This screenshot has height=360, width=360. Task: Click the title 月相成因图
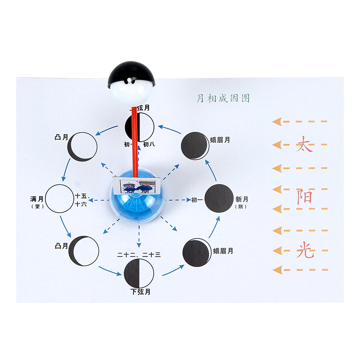[x=223, y=98]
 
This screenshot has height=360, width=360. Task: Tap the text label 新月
[x=241, y=199]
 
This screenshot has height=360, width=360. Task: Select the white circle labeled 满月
[x=60, y=198]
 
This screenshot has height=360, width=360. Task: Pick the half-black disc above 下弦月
[x=139, y=273]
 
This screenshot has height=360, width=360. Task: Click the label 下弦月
[x=140, y=292]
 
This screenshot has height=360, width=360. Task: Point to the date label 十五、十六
[x=81, y=200]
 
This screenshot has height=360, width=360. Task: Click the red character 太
[x=304, y=145]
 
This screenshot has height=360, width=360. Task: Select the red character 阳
[x=304, y=197]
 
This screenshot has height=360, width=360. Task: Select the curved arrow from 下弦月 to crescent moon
[x=171, y=270]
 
